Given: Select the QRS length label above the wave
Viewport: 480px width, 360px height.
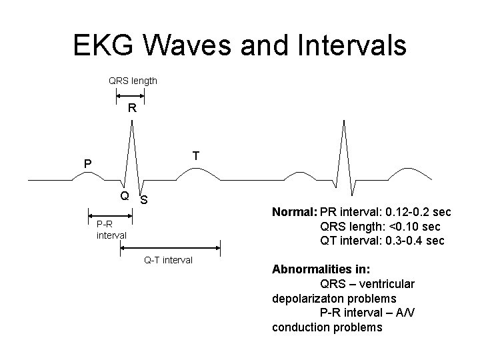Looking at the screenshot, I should (x=133, y=81).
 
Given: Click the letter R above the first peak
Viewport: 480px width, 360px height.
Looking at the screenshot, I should (x=132, y=108).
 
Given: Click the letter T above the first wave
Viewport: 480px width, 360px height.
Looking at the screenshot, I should (x=196, y=155).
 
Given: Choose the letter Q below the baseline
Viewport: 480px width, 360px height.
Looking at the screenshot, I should (x=124, y=196).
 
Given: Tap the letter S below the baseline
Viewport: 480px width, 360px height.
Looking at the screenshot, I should (x=144, y=201).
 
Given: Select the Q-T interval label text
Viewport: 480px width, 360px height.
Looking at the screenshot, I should (x=169, y=260).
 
